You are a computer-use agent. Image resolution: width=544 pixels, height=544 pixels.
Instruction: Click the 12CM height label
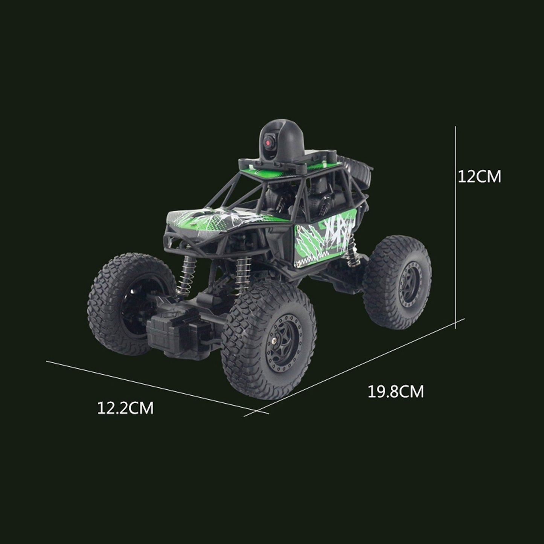point(479,177)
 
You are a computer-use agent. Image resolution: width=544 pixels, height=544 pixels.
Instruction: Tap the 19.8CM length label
point(396,392)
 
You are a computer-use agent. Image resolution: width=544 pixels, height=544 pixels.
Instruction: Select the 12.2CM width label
point(125,408)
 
